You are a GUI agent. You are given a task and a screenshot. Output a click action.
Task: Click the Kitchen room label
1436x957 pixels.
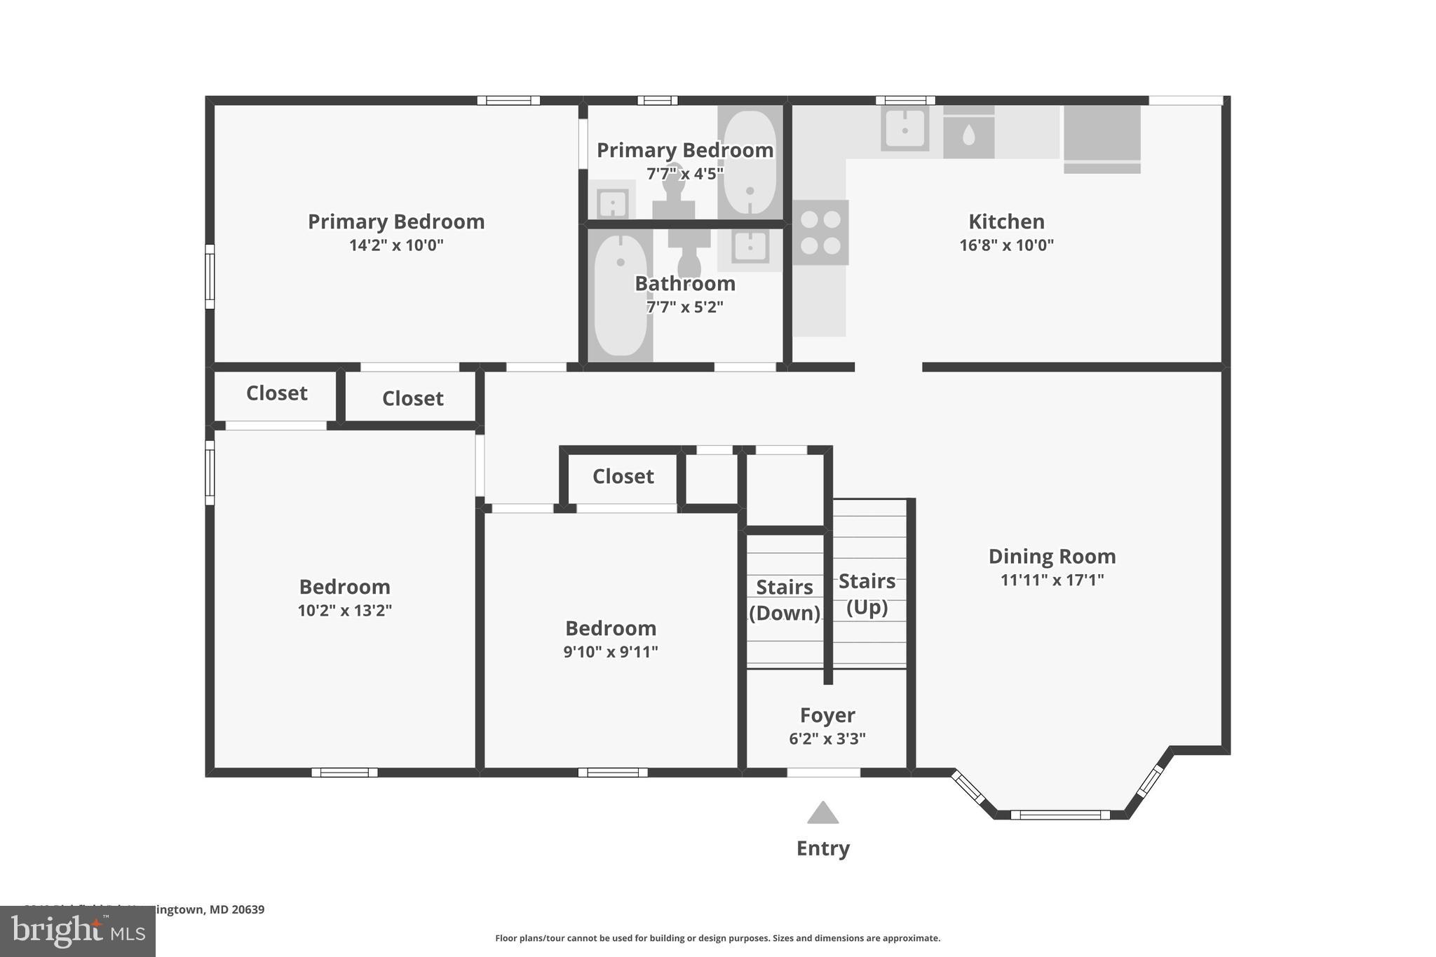[x=1006, y=222]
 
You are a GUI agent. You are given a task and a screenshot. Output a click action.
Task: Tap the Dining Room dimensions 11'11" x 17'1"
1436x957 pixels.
[x=1052, y=580]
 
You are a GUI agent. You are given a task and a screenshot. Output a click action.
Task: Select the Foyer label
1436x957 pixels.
[x=827, y=715]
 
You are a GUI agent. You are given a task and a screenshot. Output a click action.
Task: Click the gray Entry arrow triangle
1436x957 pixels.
[x=822, y=814]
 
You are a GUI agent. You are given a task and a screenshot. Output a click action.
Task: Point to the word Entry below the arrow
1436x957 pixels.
[x=822, y=848]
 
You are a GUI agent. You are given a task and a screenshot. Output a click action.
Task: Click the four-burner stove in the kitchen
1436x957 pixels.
[x=820, y=232]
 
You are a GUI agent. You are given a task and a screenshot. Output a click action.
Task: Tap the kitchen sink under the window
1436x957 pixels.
[x=905, y=130]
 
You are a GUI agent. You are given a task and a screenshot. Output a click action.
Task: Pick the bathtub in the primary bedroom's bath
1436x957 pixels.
[x=750, y=163]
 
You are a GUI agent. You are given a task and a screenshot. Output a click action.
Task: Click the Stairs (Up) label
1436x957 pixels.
[x=867, y=593]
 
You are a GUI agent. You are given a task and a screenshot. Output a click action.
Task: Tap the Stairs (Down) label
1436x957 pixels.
[x=785, y=599]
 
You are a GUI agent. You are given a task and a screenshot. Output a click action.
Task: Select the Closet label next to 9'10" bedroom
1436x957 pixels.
[x=623, y=477]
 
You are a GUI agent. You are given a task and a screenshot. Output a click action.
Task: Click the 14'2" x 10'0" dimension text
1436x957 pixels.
[x=396, y=245]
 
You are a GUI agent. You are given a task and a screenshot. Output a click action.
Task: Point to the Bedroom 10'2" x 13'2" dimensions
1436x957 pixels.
[x=344, y=611]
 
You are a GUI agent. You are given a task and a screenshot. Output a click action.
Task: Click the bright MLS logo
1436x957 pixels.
[x=77, y=931]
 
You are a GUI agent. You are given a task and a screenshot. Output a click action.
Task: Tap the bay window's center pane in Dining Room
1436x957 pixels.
[x=1060, y=815]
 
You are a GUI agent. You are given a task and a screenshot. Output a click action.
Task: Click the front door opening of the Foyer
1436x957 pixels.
[x=823, y=773]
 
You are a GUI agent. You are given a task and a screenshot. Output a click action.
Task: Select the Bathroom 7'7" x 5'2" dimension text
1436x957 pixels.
[x=684, y=307]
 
